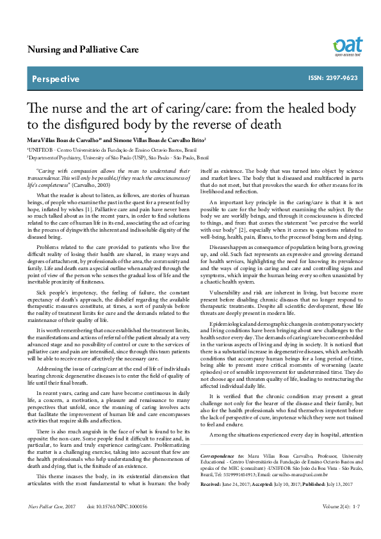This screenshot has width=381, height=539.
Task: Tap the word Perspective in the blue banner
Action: click(x=56, y=79)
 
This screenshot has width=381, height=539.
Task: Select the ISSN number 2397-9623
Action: click(x=342, y=79)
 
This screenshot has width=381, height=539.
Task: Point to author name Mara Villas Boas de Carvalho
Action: click(x=62, y=139)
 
